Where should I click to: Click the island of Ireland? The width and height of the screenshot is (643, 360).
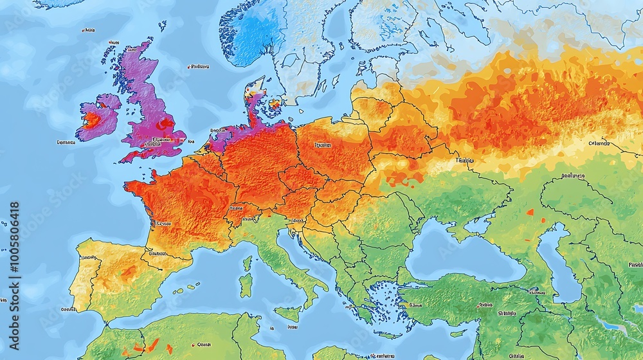(x=98, y=117)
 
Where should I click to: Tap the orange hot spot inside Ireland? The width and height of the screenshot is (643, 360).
(x=93, y=120)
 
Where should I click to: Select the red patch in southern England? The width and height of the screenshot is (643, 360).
(x=166, y=123)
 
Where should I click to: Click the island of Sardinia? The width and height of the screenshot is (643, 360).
(x=245, y=285)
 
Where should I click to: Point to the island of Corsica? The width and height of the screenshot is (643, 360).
(x=248, y=263)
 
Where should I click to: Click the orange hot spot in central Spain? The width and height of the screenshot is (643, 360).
(x=129, y=273)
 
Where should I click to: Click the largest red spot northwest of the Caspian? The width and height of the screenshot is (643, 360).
(x=530, y=212)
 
